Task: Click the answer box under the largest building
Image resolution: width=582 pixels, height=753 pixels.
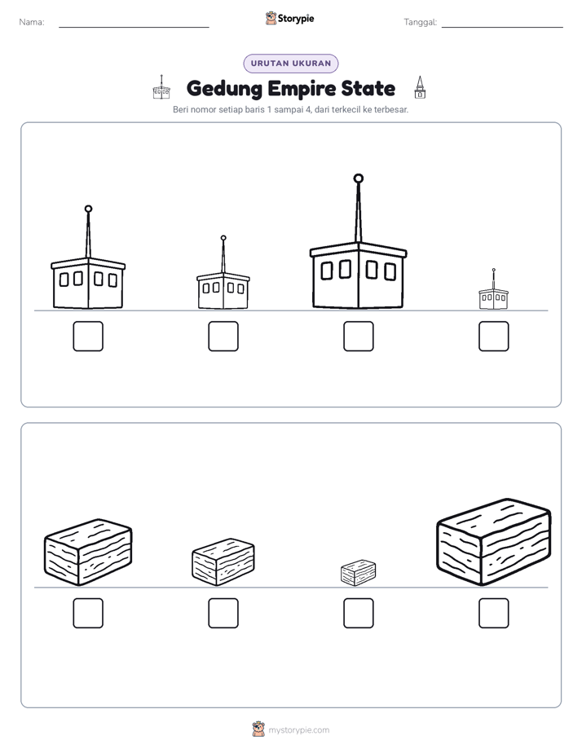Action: coord(358,336)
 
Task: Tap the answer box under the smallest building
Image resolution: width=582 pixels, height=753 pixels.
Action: coord(494,336)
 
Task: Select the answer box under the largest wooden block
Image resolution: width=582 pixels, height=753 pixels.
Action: coord(494,614)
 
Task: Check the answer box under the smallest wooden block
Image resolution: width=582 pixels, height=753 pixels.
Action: coord(358,614)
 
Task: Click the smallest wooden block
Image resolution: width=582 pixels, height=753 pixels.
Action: coord(358,572)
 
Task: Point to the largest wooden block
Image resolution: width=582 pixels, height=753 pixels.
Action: coord(494,542)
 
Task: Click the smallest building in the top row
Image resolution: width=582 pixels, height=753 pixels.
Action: coord(494,289)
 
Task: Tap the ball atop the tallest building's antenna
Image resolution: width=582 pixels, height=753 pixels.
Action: coord(358,178)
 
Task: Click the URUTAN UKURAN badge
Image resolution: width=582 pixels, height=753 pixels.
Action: coord(291,64)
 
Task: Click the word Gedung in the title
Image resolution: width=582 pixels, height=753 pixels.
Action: coord(224,89)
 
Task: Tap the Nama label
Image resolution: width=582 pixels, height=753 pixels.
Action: coord(32,22)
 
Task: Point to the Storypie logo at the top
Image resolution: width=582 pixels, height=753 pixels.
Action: coord(290,18)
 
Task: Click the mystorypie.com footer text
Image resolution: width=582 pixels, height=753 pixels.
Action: coord(298,730)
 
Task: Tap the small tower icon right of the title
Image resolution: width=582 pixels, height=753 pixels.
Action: coord(420,87)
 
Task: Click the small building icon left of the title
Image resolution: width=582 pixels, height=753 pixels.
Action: coord(161,87)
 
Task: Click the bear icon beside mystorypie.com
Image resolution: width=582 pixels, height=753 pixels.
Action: coord(258,729)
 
